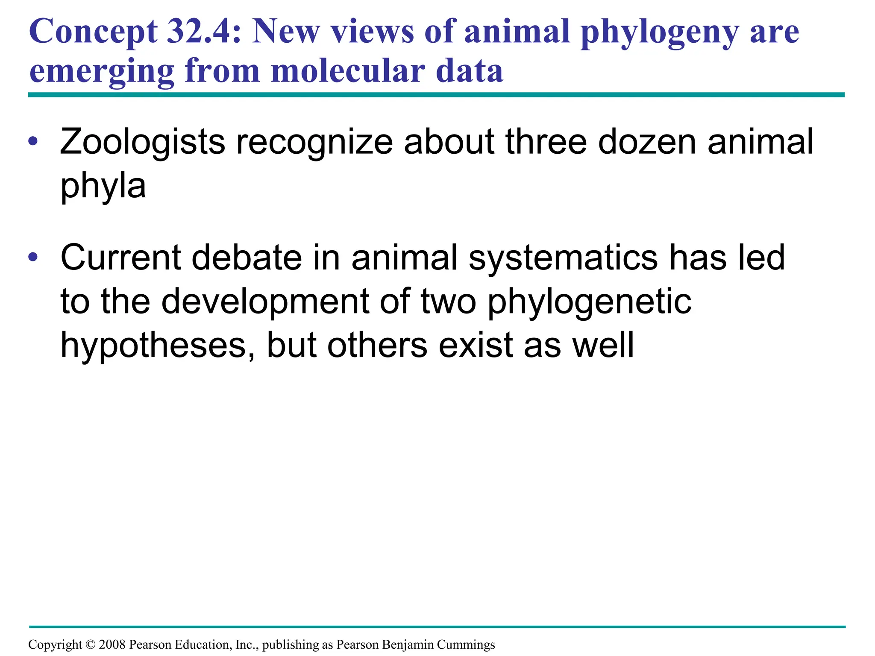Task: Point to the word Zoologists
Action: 142,142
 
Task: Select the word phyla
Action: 103,186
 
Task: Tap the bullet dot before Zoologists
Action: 33,141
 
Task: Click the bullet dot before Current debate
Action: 33,257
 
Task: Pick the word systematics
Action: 563,258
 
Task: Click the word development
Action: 265,301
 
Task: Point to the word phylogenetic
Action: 589,302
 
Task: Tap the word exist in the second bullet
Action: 476,345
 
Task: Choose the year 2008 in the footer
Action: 112,644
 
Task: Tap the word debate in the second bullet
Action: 246,258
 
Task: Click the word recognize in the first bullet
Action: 314,142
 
